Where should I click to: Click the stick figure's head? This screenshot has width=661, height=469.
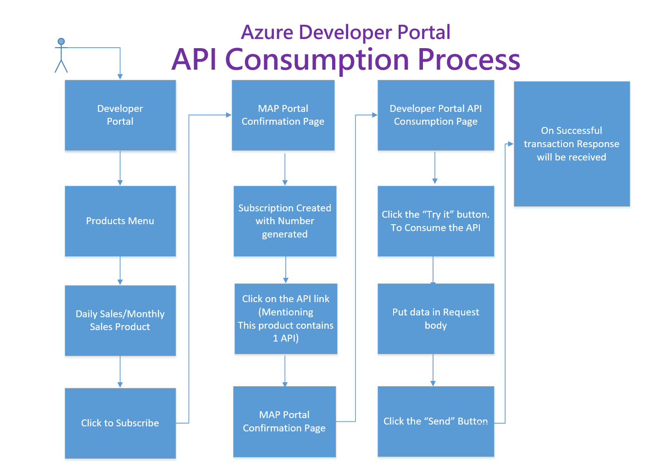point(61,41)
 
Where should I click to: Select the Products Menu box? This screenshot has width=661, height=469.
point(120,221)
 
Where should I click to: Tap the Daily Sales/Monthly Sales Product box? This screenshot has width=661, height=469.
point(120,320)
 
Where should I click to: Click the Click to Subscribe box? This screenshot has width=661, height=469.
point(120,423)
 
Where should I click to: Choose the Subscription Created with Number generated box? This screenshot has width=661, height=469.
point(285,221)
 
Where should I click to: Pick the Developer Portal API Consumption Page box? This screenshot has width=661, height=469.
point(436,116)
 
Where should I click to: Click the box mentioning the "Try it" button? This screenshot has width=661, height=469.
point(436,221)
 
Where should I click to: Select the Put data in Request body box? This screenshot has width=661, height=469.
point(436,319)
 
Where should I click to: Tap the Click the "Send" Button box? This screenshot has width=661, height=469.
point(436,421)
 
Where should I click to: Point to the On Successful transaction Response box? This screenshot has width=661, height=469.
point(572,143)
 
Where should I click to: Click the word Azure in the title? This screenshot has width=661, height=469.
point(267,32)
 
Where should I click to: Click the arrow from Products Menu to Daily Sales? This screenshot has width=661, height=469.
point(120,271)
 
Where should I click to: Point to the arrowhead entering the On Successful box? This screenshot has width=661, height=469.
point(511,144)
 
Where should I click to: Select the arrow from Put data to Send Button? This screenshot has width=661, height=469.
point(433,370)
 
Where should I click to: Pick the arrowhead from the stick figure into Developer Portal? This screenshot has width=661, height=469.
point(120,77)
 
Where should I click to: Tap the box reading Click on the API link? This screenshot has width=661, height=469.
point(286,319)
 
